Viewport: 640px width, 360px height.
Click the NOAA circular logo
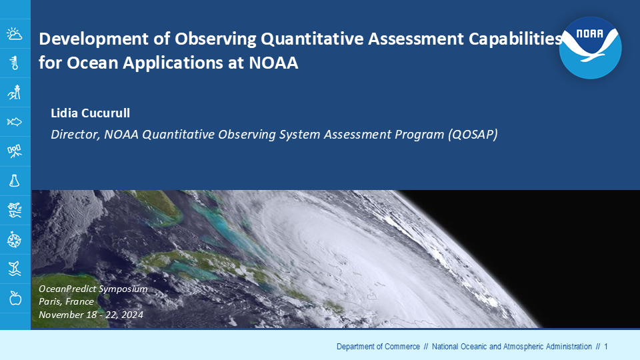click(590, 48)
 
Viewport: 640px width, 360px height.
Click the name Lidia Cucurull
click(90, 113)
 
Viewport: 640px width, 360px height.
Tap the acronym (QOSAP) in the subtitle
click(473, 134)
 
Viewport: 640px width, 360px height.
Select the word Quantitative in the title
click(312, 39)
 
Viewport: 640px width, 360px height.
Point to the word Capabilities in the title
click(515, 39)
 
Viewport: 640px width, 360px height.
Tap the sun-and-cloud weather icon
click(15, 34)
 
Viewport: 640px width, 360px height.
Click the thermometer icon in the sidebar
click(15, 63)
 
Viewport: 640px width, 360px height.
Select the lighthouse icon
click(15, 93)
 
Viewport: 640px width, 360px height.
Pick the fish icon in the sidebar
click(15, 121)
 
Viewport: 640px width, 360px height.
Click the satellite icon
click(15, 151)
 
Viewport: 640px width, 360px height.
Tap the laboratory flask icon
click(15, 181)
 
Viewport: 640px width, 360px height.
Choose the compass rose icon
click(15, 239)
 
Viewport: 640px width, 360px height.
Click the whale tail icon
click(15, 269)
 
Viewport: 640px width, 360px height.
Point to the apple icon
click(15, 299)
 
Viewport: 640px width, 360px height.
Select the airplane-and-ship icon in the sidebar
click(15, 210)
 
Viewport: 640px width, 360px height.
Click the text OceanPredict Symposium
click(93, 289)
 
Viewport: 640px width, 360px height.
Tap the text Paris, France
click(66, 301)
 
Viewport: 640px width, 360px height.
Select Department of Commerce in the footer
click(378, 347)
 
